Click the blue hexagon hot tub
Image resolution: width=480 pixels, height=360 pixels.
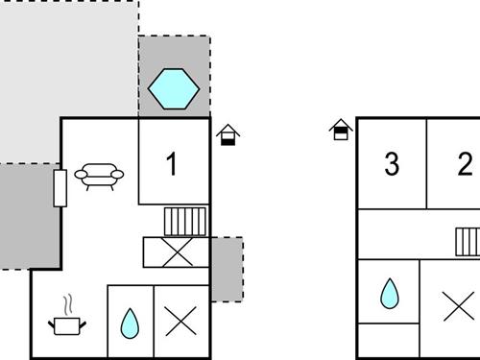click(174, 89)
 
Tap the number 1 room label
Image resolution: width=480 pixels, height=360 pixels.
click(172, 164)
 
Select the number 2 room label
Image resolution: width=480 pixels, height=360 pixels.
click(466, 164)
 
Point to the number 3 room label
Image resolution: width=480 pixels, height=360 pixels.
click(392, 164)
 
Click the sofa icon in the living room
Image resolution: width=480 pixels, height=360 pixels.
click(99, 175)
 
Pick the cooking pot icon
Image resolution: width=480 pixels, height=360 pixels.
click(65, 325)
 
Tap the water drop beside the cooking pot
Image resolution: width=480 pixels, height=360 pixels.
click(129, 324)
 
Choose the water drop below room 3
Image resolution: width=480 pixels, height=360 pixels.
click(389, 294)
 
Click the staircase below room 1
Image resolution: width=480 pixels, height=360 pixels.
click(184, 222)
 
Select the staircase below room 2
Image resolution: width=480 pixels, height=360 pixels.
click(467, 239)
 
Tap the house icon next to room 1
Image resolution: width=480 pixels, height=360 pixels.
click(228, 135)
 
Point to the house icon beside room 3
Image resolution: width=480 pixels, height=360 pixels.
click(341, 130)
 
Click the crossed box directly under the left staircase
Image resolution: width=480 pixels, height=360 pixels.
click(176, 252)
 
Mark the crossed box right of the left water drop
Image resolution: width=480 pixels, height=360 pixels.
click(180, 321)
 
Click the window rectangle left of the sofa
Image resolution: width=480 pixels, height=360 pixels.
click(60, 187)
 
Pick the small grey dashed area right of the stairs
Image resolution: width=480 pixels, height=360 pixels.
click(227, 270)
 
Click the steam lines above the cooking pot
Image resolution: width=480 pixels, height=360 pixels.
click(65, 305)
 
